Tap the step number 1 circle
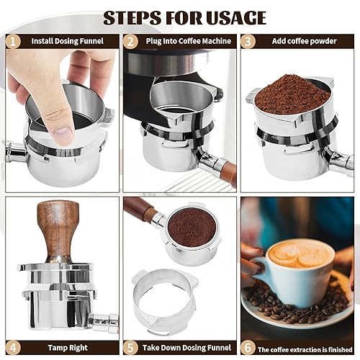point(11,41)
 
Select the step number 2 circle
point(130,41)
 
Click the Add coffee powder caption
point(304,41)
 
